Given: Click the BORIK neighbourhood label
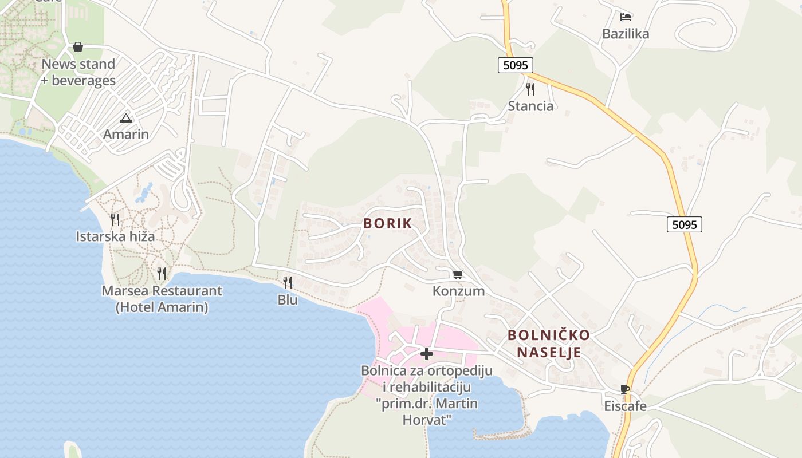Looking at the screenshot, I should pyautogui.click(x=387, y=223).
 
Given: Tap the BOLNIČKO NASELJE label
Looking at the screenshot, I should pyautogui.click(x=549, y=343).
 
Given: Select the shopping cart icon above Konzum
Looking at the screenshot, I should pyautogui.click(x=458, y=275).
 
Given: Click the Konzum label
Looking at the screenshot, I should pyautogui.click(x=458, y=291).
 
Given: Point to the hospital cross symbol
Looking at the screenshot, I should pyautogui.click(x=427, y=354).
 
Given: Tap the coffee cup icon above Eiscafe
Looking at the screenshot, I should pyautogui.click(x=625, y=390).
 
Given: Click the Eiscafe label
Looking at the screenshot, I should pyautogui.click(x=625, y=406).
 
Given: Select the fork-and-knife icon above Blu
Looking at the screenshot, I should pyautogui.click(x=288, y=282).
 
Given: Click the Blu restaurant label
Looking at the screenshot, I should pyautogui.click(x=288, y=299).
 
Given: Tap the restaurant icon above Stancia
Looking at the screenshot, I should pyautogui.click(x=530, y=89).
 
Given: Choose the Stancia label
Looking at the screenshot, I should pyautogui.click(x=531, y=106).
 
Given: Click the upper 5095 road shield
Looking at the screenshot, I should pyautogui.click(x=515, y=65).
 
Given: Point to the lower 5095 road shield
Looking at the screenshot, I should pyautogui.click(x=684, y=224).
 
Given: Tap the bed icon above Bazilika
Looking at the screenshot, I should pyautogui.click(x=626, y=17).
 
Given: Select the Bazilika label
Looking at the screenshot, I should pyautogui.click(x=626, y=34).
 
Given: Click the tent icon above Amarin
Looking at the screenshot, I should pyautogui.click(x=126, y=118).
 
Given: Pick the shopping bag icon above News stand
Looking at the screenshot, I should pyautogui.click(x=78, y=47).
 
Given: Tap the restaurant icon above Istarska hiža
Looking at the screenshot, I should pyautogui.click(x=115, y=219).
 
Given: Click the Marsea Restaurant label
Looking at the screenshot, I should pyautogui.click(x=162, y=299).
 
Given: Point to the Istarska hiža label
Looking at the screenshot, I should pyautogui.click(x=115, y=236).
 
